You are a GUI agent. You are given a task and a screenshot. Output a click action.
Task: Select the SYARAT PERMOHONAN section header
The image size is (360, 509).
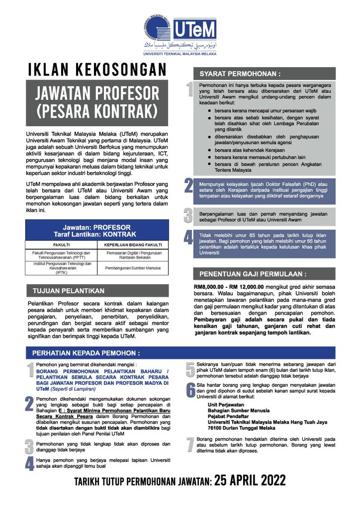[240, 74]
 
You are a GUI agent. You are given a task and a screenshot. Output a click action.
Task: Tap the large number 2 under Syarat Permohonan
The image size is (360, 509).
[189, 186]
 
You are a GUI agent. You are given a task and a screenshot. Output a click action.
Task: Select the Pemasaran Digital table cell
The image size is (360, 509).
[133, 255]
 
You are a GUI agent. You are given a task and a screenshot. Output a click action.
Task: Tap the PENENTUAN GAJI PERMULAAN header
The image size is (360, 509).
[253, 274]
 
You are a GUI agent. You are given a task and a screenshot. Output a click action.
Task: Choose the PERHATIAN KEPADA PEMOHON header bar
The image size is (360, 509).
[86, 353]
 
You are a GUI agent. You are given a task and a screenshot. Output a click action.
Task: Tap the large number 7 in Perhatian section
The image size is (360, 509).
[189, 445]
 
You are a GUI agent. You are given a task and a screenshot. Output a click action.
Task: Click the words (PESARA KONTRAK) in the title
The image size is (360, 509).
[97, 108]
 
